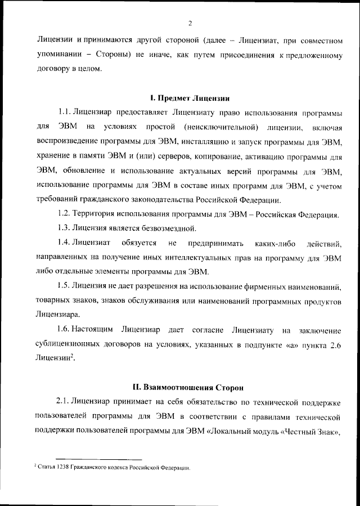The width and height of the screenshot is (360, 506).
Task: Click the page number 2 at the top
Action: (x=190, y=23)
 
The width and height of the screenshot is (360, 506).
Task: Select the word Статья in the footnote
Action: (x=47, y=467)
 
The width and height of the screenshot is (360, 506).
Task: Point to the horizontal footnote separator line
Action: (x=91, y=459)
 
